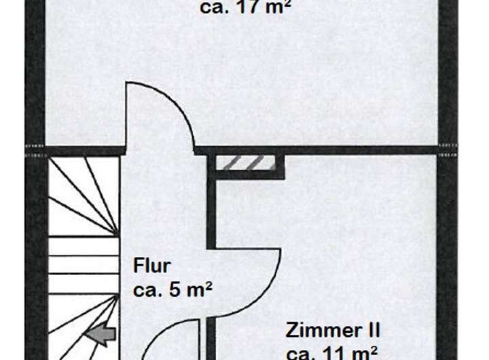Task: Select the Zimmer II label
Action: click(x=333, y=331)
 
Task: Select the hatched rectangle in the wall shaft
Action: click(x=246, y=162)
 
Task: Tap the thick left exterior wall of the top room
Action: click(x=35, y=75)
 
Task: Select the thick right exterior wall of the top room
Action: click(x=448, y=75)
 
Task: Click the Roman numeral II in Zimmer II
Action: click(x=371, y=331)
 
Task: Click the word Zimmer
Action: click(x=323, y=331)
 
